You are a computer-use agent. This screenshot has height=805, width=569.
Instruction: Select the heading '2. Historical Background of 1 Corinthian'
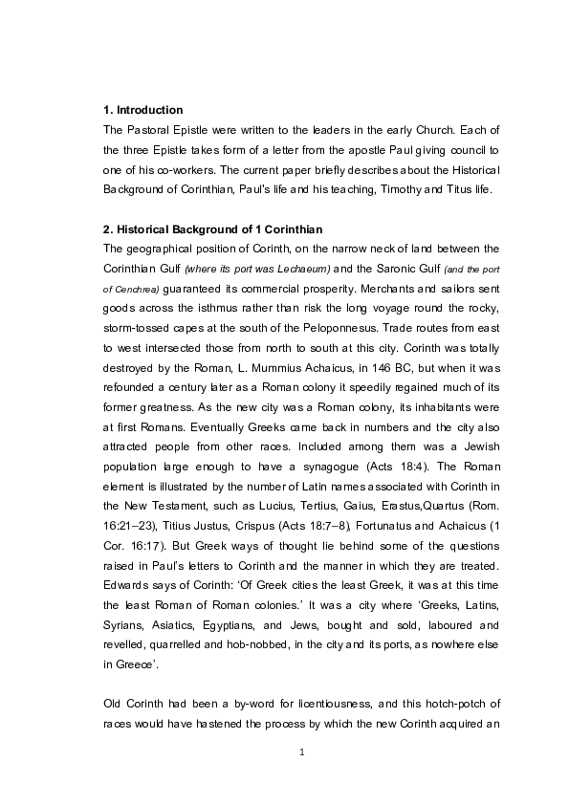[x=212, y=230]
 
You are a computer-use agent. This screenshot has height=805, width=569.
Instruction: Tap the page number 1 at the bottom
[x=301, y=752]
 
